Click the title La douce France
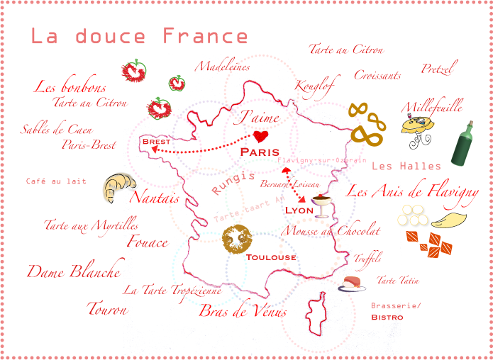coord(139,37)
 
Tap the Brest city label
coord(156,142)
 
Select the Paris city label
coord(260,152)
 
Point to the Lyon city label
coord(299,210)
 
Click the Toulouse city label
coord(271,257)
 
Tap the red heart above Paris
coord(261,135)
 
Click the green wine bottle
coord(462,144)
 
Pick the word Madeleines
coord(223,67)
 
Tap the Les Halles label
coord(406,166)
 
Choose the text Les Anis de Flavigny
coord(412,191)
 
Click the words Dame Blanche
coord(74,271)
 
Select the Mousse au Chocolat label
coord(331,230)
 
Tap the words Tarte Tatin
coord(397,281)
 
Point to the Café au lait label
coord(56,181)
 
